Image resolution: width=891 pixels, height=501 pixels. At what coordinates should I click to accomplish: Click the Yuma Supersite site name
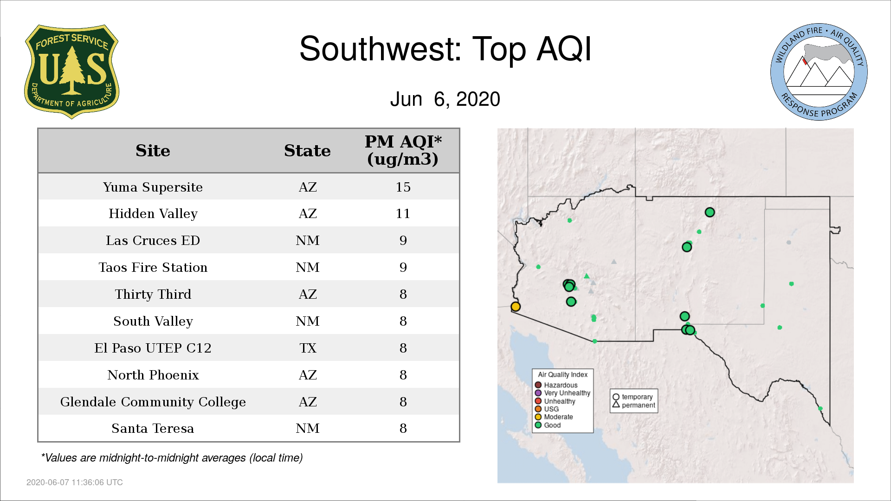[x=153, y=187]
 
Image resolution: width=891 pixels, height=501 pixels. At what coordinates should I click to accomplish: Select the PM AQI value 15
[x=403, y=187]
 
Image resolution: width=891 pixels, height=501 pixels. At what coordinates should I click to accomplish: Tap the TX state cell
[x=308, y=348]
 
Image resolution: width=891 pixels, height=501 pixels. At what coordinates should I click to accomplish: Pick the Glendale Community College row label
[x=153, y=402]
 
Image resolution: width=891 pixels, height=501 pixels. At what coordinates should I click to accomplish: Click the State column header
[x=307, y=151]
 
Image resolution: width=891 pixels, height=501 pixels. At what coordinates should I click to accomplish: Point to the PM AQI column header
[x=403, y=150]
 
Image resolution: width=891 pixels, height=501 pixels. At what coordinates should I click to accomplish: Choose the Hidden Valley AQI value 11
[x=403, y=213]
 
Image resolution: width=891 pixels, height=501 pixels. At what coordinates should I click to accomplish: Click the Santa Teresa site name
[x=153, y=428]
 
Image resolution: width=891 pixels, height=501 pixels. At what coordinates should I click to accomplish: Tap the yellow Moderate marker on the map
[x=516, y=306]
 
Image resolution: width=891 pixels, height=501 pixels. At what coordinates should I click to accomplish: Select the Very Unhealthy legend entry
[x=562, y=393]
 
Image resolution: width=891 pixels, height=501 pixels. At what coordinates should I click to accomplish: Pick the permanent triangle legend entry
[x=634, y=405]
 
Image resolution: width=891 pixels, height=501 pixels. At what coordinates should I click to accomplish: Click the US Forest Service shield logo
[x=71, y=72]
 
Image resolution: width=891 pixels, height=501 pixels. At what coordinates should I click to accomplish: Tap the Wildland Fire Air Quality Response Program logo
[x=819, y=72]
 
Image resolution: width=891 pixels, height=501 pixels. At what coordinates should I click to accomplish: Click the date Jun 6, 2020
[x=445, y=99]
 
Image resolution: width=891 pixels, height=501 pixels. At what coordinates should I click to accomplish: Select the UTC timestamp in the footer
[x=75, y=482]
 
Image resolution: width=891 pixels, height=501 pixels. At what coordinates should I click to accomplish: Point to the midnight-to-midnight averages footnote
[x=172, y=458]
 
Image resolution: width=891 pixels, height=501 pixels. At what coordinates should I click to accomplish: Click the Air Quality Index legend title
[x=562, y=374]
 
